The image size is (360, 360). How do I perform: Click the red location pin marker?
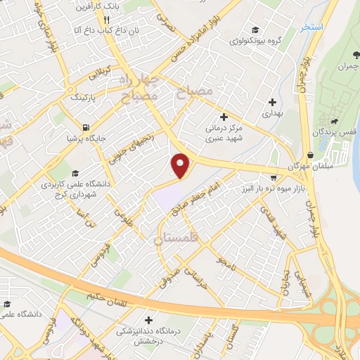click(181, 166)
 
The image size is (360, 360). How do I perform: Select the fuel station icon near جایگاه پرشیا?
click(86, 128)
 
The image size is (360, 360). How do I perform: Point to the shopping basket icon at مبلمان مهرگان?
click(311, 155)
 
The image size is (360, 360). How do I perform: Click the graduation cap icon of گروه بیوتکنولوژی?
click(257, 30)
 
